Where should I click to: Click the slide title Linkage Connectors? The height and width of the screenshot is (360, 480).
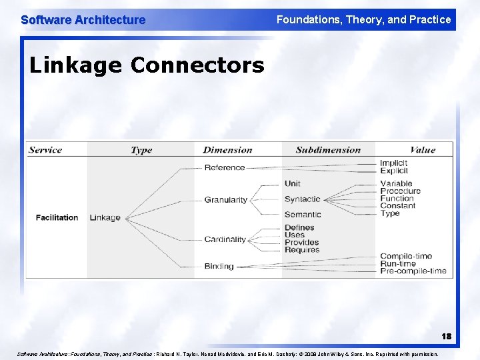147,65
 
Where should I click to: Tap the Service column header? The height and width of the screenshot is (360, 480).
45,150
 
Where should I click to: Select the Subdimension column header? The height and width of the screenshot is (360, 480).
328,150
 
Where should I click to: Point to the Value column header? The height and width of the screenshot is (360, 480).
423,150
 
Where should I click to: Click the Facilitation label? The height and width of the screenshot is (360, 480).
57,217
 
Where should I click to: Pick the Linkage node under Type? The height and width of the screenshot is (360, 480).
105,217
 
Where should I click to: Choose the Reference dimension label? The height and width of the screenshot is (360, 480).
225,167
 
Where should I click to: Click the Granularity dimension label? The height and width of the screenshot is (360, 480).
225,199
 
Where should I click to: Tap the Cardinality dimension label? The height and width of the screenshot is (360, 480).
225,239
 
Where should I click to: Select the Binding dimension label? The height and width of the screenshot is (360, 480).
219,266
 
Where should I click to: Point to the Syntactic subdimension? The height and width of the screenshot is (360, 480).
302,199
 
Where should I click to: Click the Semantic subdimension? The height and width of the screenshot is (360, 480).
303,214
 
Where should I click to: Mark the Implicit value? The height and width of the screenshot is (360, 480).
393,163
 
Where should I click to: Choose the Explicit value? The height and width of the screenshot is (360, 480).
393,171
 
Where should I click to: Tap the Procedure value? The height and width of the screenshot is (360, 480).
401,191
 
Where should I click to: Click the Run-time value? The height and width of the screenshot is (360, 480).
398,263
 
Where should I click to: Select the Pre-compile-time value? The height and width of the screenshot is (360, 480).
413,271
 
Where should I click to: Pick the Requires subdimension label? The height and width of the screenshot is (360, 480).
302,250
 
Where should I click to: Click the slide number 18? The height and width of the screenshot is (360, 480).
445,337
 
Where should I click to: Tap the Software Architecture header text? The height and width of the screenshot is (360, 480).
83,20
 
